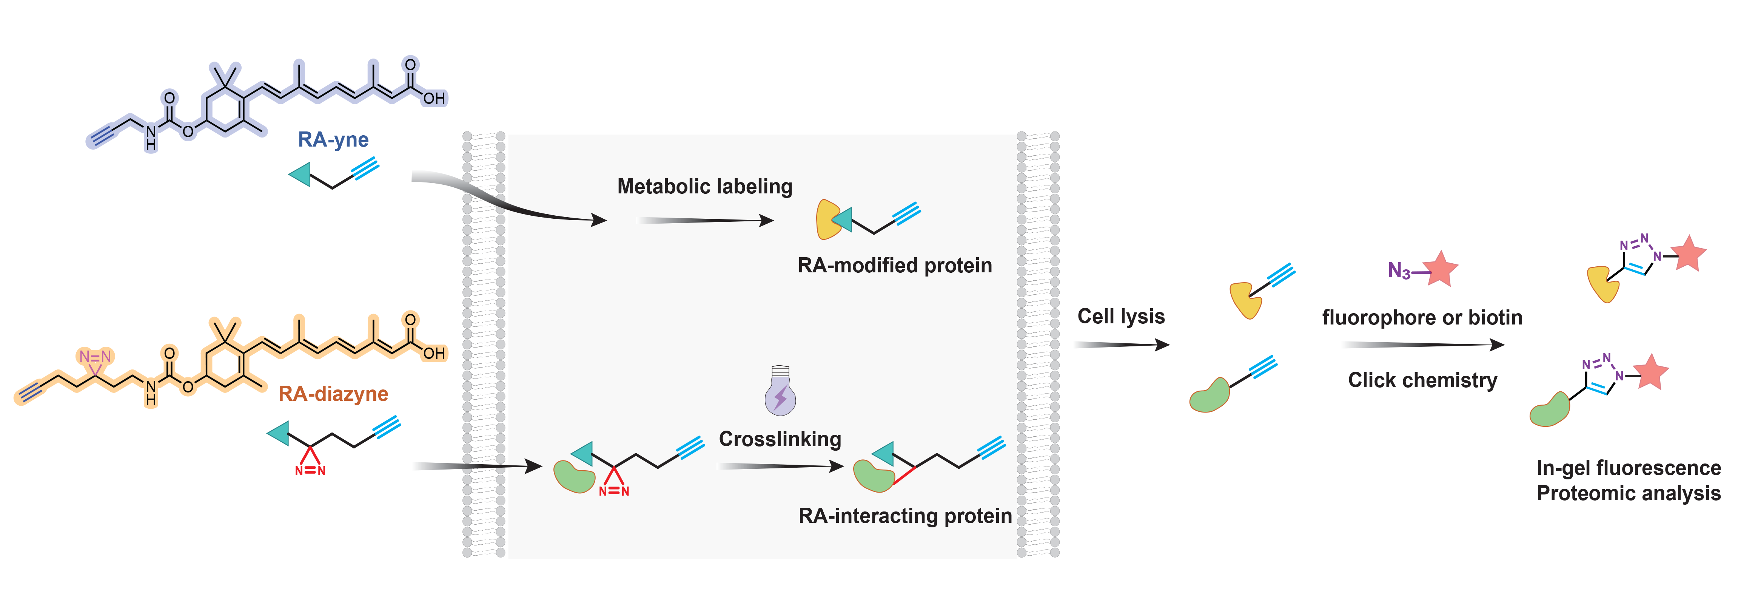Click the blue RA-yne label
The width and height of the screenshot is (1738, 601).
[x=333, y=140]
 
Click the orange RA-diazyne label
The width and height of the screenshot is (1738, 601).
[x=333, y=394]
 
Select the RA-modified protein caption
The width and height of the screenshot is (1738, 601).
[x=895, y=266]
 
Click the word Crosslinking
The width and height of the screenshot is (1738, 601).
[x=780, y=439]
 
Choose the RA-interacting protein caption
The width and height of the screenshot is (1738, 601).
[x=905, y=516]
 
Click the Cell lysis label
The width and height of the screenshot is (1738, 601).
[x=1121, y=316]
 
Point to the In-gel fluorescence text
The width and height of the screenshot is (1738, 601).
[x=1629, y=468]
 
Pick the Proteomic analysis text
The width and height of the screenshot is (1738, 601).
[x=1629, y=494]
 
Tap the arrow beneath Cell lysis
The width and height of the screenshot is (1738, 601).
[x=1121, y=345]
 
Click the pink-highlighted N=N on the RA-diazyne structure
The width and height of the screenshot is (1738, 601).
[x=95, y=357]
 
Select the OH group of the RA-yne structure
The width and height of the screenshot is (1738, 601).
[x=434, y=99]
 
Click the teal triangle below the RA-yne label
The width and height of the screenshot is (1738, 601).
[x=300, y=174]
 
